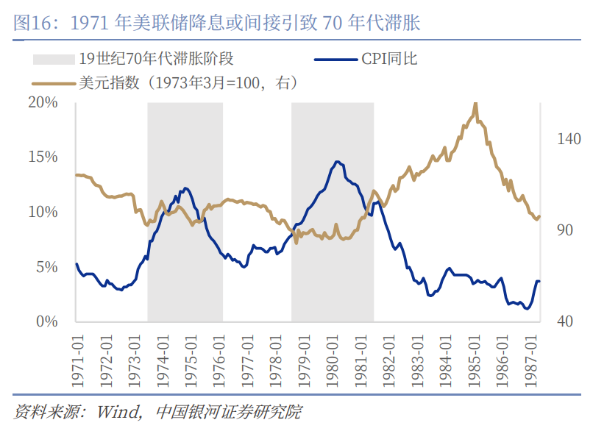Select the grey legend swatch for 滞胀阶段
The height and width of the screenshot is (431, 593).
[x=52, y=59]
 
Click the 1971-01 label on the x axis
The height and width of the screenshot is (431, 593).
[x=77, y=357]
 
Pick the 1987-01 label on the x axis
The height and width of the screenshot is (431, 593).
[x=532, y=357]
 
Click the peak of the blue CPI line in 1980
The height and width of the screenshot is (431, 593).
[x=337, y=162]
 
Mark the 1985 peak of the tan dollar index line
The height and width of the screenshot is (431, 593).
[x=476, y=104]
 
